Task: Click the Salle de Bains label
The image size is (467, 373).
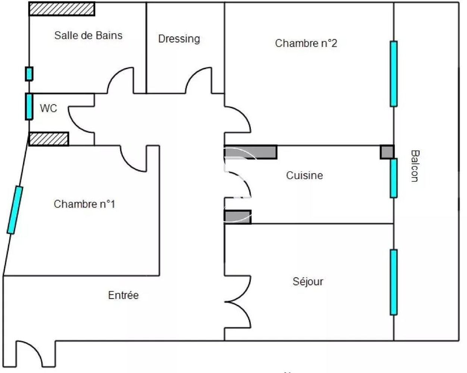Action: [88, 35]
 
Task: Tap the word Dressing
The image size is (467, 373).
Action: [179, 39]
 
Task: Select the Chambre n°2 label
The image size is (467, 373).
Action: [306, 43]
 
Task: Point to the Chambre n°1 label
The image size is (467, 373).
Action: [84, 204]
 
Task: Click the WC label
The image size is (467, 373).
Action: [48, 109]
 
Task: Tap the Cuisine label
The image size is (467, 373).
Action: [304, 175]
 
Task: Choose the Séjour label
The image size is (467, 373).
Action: [308, 281]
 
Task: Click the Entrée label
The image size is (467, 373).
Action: [123, 295]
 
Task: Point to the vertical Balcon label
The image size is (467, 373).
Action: [414, 166]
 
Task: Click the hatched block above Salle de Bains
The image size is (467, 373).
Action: [62, 9]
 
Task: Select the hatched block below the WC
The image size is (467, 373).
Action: [49, 139]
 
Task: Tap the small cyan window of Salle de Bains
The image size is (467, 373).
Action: [29, 74]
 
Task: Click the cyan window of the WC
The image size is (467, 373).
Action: [29, 106]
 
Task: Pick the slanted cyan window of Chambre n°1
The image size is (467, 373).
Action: [15, 210]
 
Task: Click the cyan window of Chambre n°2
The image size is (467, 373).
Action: [394, 74]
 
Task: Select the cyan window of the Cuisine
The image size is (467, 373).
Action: [394, 178]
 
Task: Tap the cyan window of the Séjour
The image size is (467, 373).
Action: [394, 282]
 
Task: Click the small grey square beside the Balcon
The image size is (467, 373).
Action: [387, 152]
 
